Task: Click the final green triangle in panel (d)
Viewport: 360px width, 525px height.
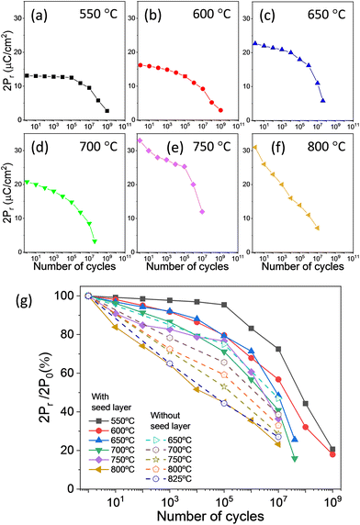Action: [x=96, y=240]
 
